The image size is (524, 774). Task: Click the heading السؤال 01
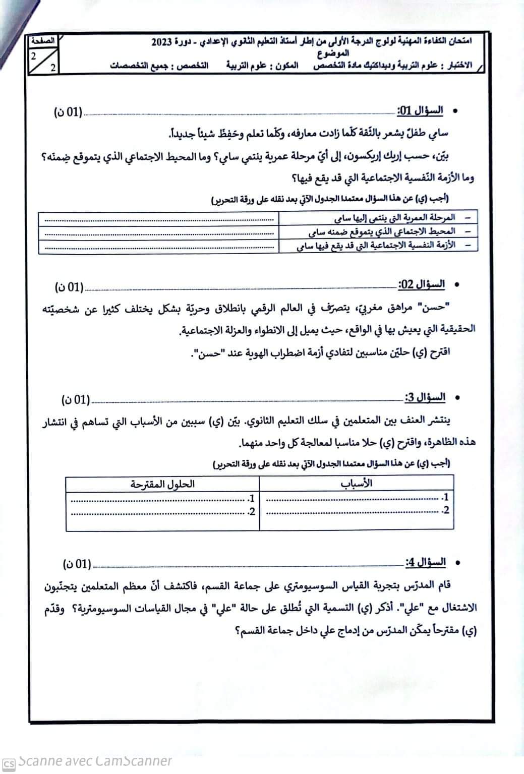pyautogui.click(x=420, y=110)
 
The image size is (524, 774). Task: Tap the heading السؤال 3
pyautogui.click(x=425, y=397)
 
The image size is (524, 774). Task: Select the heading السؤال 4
pyautogui.click(x=425, y=562)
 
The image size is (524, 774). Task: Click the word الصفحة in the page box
pyautogui.click(x=43, y=40)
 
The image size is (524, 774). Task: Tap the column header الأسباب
pyautogui.click(x=356, y=483)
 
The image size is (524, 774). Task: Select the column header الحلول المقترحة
pyautogui.click(x=162, y=484)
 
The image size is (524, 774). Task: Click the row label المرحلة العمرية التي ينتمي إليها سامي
pyautogui.click(x=394, y=217)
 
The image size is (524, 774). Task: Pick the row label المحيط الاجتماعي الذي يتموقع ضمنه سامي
pyautogui.click(x=382, y=231)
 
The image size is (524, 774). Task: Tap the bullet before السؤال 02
pyautogui.click(x=456, y=285)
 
